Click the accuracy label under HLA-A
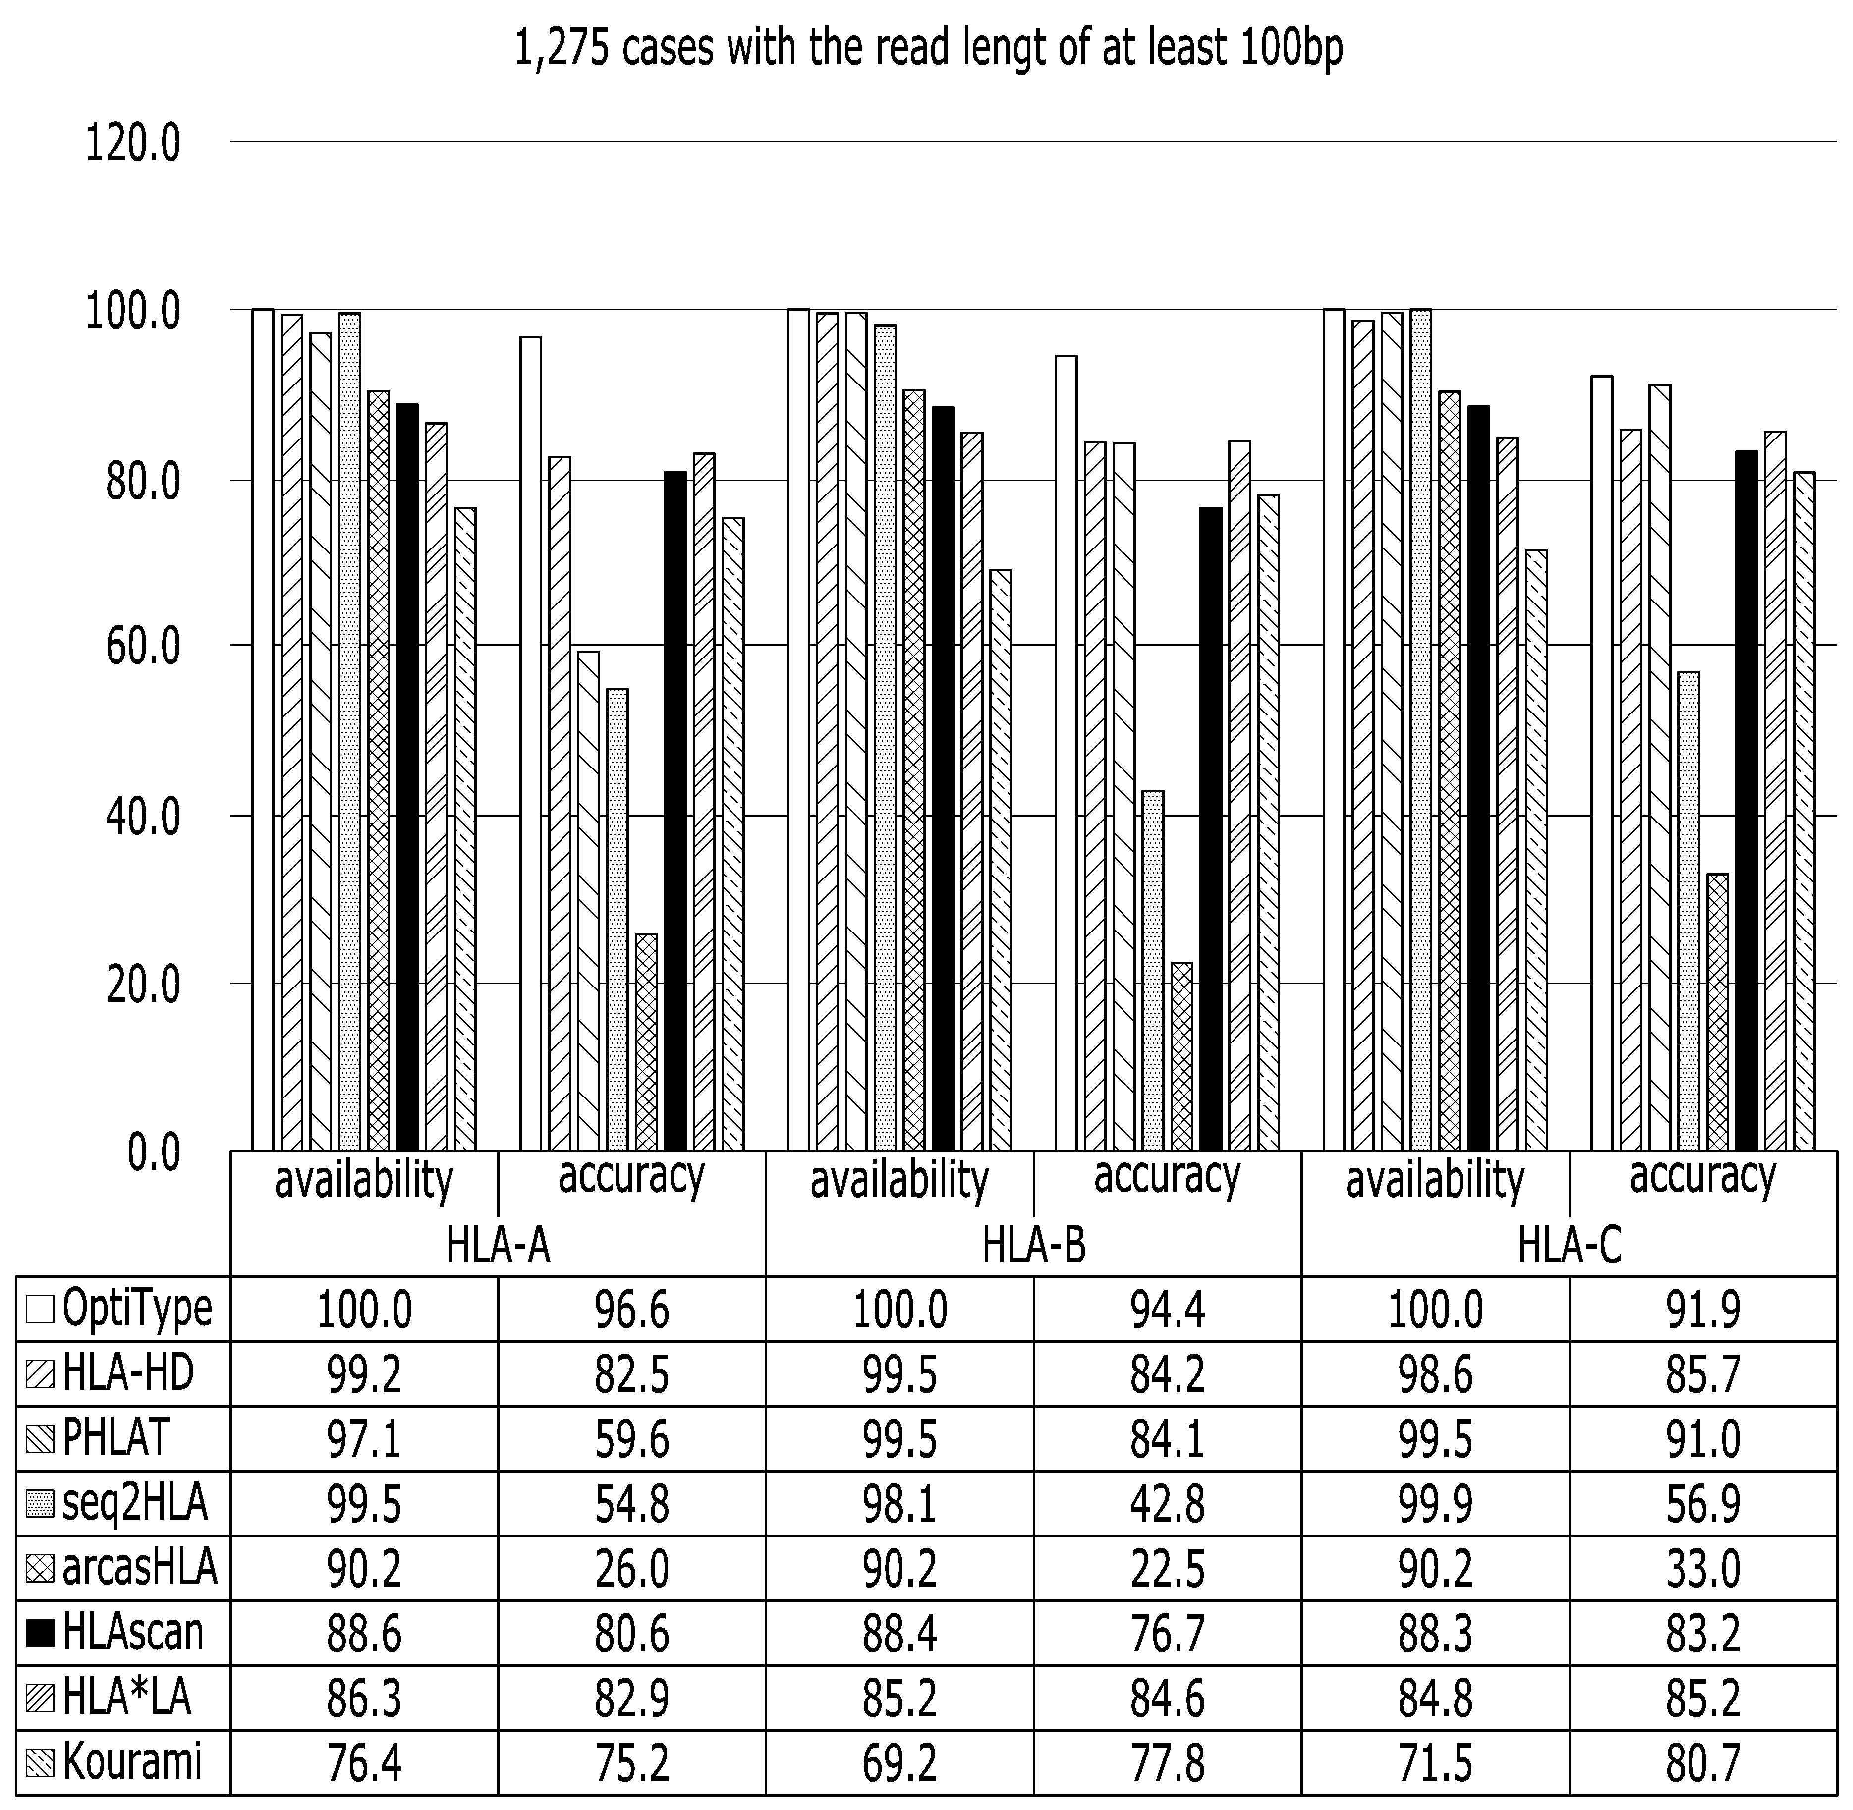[x=631, y=1177]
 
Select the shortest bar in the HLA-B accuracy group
[x=1182, y=1057]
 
